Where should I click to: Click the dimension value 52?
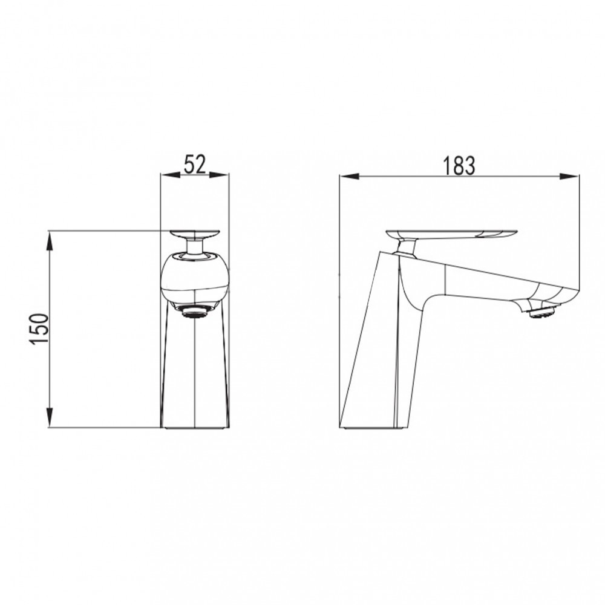(195, 164)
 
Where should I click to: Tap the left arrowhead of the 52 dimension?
(166, 176)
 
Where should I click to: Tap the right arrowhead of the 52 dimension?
(223, 176)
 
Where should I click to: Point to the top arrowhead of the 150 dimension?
(49, 238)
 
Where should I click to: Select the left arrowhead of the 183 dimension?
(347, 177)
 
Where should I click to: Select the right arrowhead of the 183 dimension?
(572, 177)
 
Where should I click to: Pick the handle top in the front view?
(195, 234)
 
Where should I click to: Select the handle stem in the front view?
(195, 246)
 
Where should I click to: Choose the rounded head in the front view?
(195, 278)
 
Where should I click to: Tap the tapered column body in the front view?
(195, 369)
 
